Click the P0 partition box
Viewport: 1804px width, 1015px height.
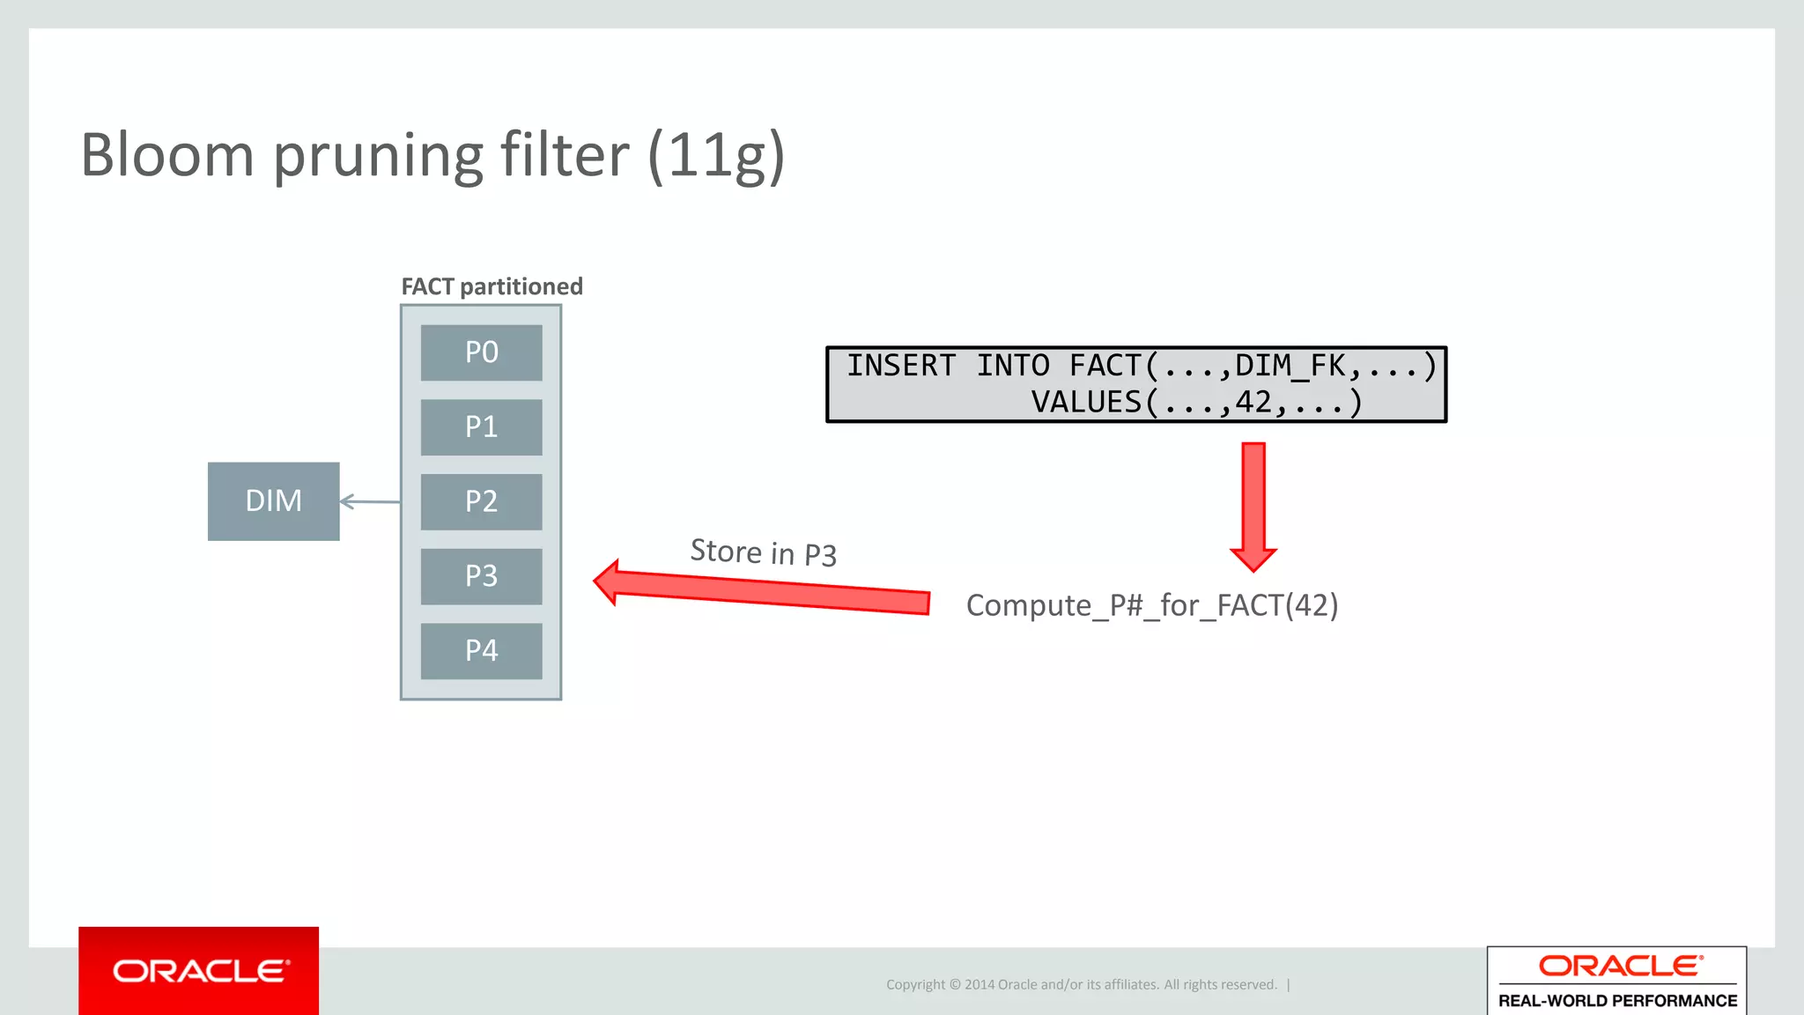click(x=481, y=352)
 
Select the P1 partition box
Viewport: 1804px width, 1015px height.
click(x=481, y=427)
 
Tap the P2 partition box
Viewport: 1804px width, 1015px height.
click(x=481, y=501)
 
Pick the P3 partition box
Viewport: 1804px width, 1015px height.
click(x=481, y=576)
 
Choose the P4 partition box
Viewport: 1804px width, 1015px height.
click(x=481, y=651)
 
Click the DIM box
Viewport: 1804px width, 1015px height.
click(x=273, y=501)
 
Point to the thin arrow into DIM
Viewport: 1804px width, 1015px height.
click(x=370, y=501)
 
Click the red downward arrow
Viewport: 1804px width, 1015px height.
click(x=1253, y=507)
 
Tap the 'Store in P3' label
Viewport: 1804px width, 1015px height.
click(x=763, y=552)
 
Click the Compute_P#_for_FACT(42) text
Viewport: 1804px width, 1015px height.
click(x=1151, y=605)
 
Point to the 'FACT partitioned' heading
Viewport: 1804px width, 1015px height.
click(x=492, y=286)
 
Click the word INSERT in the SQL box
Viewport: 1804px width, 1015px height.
click(x=900, y=366)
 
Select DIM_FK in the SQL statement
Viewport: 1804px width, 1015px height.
click(x=1290, y=366)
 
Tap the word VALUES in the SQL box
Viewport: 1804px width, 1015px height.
click(x=1086, y=403)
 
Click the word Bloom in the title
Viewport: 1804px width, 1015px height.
click(x=167, y=155)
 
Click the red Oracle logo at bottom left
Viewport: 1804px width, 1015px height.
click(x=199, y=971)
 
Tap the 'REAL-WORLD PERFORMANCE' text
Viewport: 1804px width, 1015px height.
click(x=1617, y=1001)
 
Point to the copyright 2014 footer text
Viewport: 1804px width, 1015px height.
click(x=1081, y=984)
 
